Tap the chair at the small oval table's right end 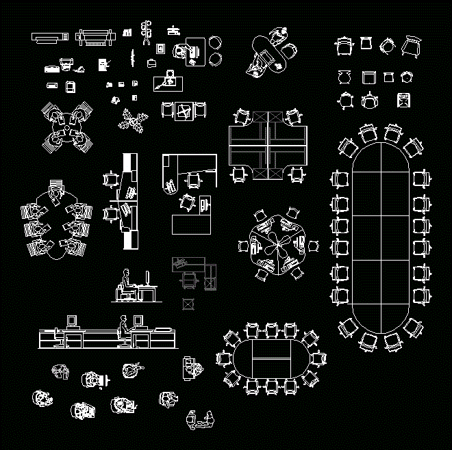click(318, 358)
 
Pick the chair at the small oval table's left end click(223, 358)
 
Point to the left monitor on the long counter click(71, 320)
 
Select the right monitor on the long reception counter click(138, 320)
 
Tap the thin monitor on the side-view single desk click(147, 278)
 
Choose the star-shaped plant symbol click(131, 122)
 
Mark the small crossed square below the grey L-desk click(187, 303)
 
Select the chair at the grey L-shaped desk click(188, 281)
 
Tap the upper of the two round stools click(216, 43)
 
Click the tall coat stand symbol click(145, 32)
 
